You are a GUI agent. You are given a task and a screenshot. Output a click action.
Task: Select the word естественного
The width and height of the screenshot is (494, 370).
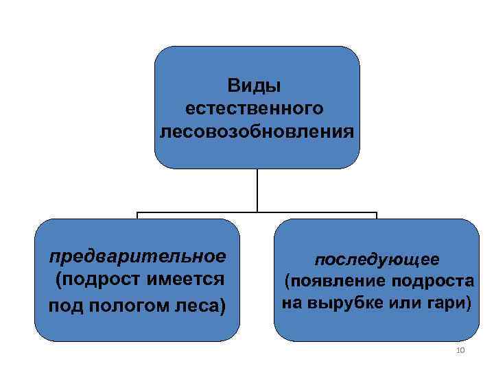click(255, 108)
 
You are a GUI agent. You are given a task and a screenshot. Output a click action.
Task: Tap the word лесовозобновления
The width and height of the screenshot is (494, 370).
click(257, 129)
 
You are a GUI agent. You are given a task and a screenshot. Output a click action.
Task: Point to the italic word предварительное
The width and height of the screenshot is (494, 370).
click(137, 257)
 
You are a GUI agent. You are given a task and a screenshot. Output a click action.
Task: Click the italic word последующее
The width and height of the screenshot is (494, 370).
click(377, 260)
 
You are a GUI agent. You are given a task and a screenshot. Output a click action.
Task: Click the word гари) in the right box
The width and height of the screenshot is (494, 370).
click(452, 301)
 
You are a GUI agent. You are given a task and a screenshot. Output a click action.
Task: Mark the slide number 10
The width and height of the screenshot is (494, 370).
click(460, 351)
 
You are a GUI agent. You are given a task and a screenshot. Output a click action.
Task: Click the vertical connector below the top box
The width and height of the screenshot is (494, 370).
click(257, 190)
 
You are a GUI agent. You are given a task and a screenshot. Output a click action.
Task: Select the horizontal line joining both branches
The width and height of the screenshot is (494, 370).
click(257, 213)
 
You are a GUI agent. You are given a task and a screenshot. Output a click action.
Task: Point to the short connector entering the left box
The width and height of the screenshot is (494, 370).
click(137, 216)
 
